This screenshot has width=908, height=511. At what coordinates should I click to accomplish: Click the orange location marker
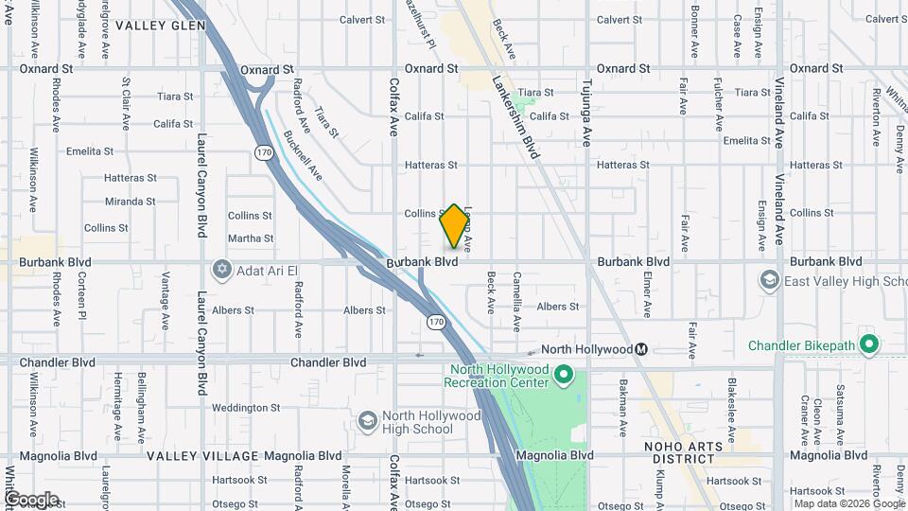[454, 227]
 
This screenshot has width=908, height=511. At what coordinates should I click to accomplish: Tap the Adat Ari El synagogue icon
[222, 270]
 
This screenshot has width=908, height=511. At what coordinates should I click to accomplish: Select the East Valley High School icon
[769, 280]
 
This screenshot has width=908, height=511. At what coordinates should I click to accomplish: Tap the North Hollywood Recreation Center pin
[565, 376]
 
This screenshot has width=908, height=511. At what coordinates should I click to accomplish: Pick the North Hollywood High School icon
[367, 421]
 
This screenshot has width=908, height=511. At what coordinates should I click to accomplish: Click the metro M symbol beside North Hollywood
[641, 349]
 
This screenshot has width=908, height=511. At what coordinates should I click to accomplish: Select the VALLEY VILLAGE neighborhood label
[200, 455]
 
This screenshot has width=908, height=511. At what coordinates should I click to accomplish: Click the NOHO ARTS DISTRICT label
[683, 453]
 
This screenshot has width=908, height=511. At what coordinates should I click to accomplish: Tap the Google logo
[31, 499]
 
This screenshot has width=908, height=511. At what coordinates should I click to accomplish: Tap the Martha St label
[251, 238]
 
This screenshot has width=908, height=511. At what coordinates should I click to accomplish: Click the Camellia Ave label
[516, 302]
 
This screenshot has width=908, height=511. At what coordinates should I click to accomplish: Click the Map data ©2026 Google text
[849, 503]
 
